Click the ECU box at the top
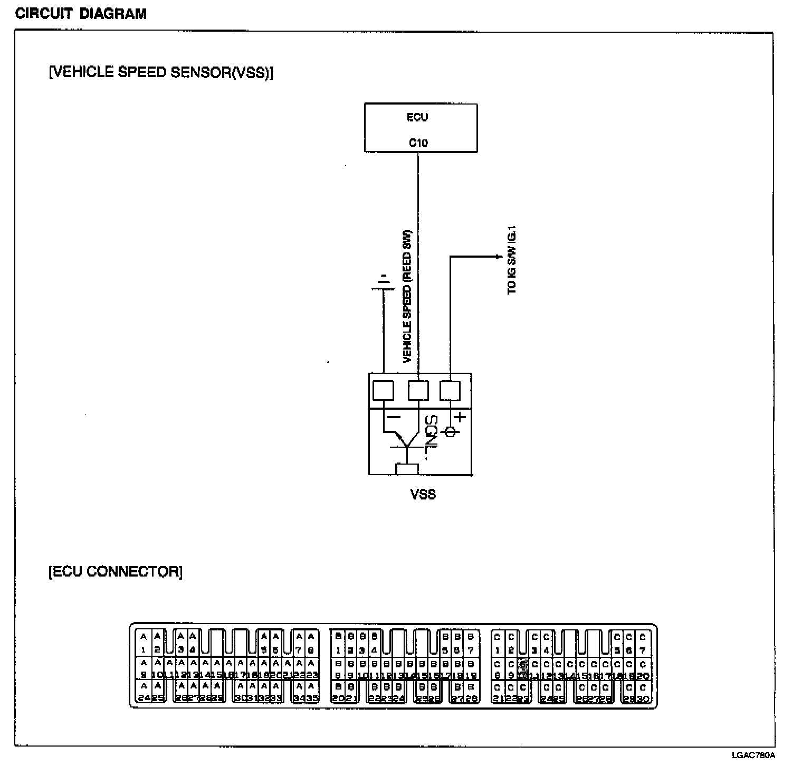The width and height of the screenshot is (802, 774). [421, 128]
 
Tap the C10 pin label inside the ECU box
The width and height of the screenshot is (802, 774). [418, 143]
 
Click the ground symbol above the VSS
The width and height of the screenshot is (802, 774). [384, 283]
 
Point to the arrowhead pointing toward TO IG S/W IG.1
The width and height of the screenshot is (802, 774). [498, 257]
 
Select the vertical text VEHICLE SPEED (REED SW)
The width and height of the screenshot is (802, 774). [407, 297]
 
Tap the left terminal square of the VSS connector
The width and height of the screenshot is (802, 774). [383, 391]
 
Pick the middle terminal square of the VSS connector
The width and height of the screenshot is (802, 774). [418, 391]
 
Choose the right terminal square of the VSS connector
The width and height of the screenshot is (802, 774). [450, 391]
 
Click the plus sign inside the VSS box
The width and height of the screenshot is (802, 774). [460, 417]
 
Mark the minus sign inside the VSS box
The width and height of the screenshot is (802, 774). [394, 417]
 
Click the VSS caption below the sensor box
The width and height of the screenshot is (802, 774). [423, 494]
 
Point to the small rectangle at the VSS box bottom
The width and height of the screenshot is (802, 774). [407, 469]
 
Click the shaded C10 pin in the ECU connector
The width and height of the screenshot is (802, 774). [523, 670]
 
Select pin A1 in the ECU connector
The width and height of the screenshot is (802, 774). [144, 643]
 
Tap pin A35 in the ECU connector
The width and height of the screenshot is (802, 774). [312, 692]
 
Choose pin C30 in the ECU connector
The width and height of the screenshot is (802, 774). [643, 692]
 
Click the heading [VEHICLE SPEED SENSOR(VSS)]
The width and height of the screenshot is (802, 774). [161, 72]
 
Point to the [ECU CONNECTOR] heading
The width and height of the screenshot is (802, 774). [116, 571]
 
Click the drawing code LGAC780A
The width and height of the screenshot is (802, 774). [753, 755]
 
